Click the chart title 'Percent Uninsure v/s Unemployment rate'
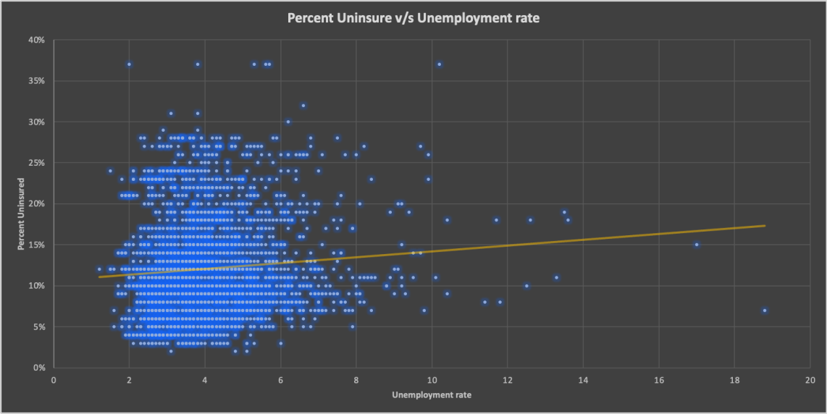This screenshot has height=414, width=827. coord(413,18)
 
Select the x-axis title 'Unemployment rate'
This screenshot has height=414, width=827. coord(432,395)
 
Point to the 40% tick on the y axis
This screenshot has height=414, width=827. coord(37,40)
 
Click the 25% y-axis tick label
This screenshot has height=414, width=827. coord(37,163)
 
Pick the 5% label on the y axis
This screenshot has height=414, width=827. coord(39,326)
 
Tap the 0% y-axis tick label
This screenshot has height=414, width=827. coord(39,368)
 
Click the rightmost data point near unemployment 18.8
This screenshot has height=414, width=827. coord(765,310)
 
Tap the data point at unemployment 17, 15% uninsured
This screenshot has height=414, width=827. coord(697,245)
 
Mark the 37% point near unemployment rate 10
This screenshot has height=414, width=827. coord(439,64)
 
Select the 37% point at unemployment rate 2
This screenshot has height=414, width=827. coord(129,64)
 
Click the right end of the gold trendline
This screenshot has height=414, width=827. coord(765,226)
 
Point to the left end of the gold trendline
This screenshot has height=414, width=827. coord(99,276)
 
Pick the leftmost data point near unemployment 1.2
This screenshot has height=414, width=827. coord(99,269)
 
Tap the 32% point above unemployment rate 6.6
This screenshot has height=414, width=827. coord(303,106)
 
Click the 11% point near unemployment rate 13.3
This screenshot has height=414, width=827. coord(556,277)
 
